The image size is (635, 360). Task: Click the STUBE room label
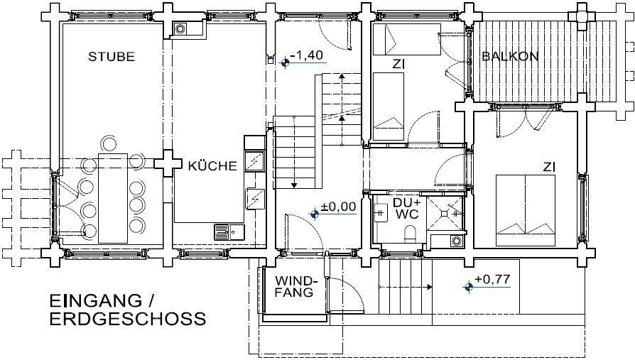[x=112, y=56]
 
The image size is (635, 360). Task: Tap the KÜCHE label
[x=212, y=165]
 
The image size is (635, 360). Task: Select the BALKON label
[x=510, y=56]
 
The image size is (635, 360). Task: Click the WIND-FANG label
[x=295, y=286]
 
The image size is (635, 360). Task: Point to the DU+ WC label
[x=406, y=209]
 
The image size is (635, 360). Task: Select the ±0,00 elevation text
[x=339, y=207]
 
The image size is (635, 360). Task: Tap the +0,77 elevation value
[x=492, y=279]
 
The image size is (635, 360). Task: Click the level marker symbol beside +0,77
[x=469, y=287]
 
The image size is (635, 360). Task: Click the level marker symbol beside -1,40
[x=286, y=62]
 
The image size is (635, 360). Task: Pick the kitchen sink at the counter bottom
[x=229, y=232]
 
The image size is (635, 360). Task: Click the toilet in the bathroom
[x=411, y=233]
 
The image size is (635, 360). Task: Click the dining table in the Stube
[x=113, y=198]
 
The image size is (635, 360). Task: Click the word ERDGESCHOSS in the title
[x=128, y=319]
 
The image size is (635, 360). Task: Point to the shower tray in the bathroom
[x=444, y=213]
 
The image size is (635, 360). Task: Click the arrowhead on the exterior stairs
[x=428, y=287]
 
